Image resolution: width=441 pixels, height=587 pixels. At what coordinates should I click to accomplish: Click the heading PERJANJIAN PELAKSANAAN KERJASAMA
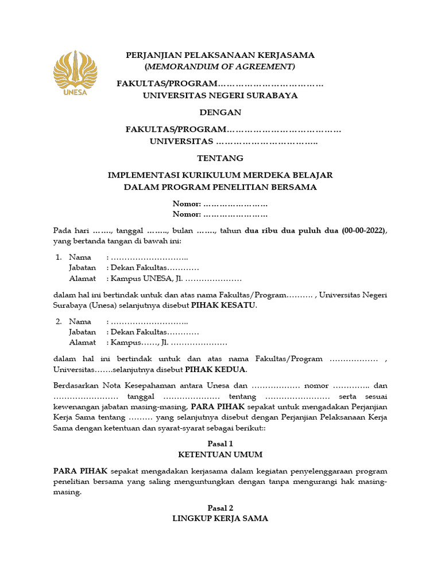220,55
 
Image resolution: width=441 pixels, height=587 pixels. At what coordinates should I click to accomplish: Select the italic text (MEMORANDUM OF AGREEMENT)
220,66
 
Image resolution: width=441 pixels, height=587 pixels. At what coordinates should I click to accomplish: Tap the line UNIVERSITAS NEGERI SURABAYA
220,96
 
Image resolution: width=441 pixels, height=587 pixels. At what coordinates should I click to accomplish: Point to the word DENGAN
220,112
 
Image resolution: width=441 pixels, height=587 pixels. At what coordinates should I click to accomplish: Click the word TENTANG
220,158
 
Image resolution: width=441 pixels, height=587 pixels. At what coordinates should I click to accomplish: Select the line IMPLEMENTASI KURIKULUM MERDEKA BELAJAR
220,175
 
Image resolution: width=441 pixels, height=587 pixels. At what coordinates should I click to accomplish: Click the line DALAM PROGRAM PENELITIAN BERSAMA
220,187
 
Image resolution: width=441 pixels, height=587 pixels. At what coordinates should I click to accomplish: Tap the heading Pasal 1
220,444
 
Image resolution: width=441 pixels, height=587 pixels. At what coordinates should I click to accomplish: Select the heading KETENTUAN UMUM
220,455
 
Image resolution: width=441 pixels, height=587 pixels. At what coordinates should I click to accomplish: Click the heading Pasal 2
220,508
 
